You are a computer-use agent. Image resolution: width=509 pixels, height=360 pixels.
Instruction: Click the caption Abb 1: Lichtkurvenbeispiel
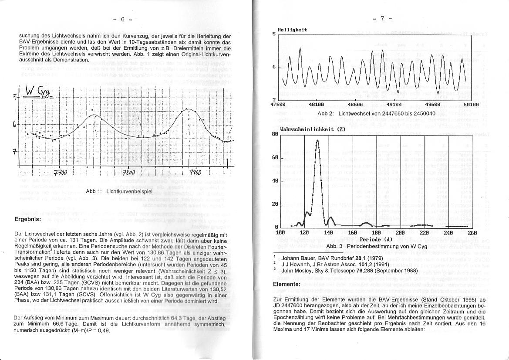118,191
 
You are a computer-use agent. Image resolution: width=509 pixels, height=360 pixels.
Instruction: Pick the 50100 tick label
471,105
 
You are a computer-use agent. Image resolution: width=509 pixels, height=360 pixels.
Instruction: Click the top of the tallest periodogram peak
317,140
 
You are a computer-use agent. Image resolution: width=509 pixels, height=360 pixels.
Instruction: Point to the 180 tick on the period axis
376,233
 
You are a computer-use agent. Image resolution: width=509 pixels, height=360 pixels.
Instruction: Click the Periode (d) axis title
376,239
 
